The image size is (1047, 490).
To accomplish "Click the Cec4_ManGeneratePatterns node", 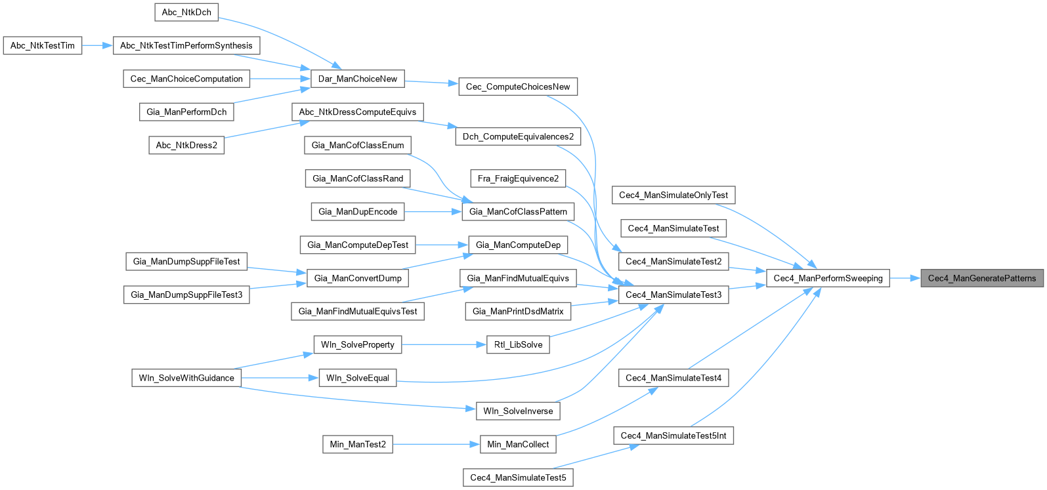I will tap(982, 278).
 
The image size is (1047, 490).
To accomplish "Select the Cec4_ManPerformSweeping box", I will tap(828, 278).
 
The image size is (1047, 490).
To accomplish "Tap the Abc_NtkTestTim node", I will tap(43, 45).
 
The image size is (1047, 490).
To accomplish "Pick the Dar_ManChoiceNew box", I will tap(358, 79).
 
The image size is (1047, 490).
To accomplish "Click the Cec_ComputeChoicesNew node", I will tap(518, 87).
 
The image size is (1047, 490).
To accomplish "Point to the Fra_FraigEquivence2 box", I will tap(519, 178).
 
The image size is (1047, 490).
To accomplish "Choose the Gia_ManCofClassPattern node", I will tap(518, 211).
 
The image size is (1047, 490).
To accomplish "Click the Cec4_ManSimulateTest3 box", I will tap(673, 295).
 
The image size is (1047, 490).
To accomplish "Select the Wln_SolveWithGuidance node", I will tap(186, 378).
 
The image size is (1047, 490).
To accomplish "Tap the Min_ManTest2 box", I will tap(358, 444).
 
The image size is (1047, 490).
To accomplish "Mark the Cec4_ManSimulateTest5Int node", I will tap(673, 436).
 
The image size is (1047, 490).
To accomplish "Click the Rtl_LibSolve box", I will tap(518, 344).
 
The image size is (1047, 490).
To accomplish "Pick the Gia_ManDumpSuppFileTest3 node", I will tap(186, 295).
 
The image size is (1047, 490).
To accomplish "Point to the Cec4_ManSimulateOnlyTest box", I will tap(673, 195).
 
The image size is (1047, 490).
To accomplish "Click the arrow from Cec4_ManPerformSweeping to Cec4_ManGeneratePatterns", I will tap(905, 278).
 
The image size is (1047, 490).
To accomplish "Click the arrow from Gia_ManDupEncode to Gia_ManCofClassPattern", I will tap(433, 211).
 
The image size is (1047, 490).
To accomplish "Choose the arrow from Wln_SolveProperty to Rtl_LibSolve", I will tap(443, 344).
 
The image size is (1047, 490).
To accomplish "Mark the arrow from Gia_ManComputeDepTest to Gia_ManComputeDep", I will tap(441, 245).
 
